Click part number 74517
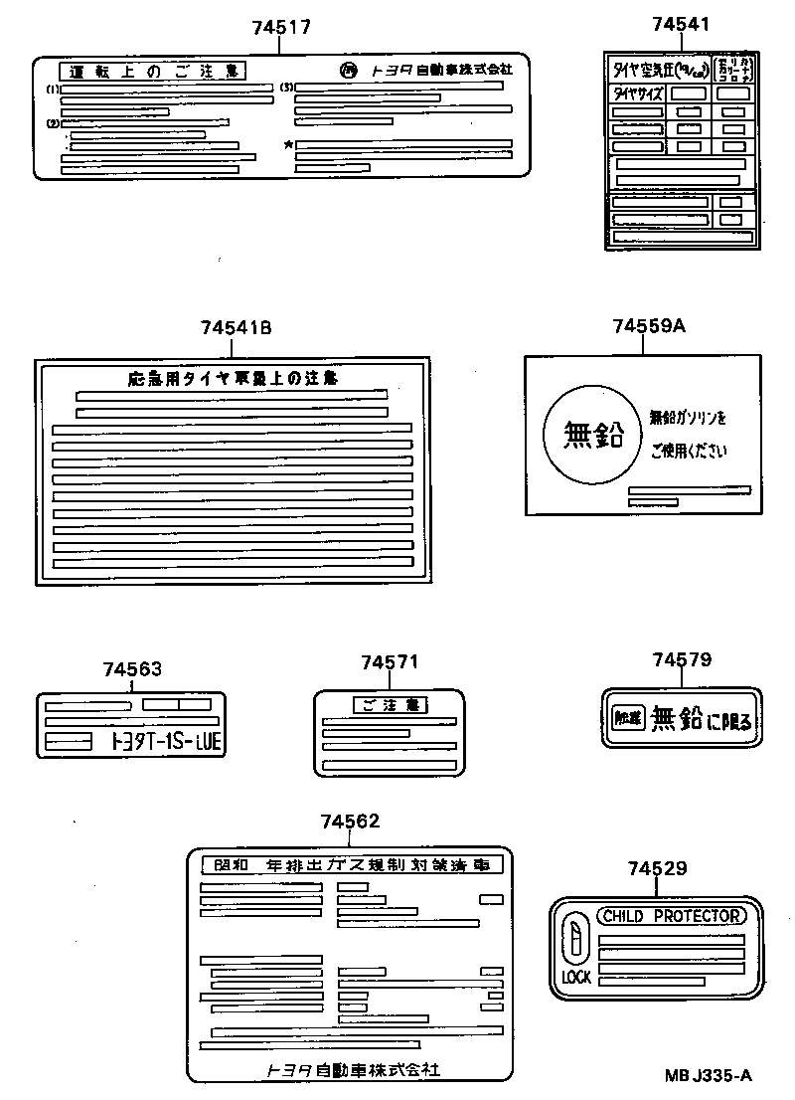tap(281, 28)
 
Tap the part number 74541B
tap(236, 327)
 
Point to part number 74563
tap(131, 669)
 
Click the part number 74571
tap(390, 661)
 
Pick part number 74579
tap(682, 660)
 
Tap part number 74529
tap(657, 868)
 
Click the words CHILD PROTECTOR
tap(670, 916)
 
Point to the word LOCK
tap(576, 977)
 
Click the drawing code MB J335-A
tap(708, 1075)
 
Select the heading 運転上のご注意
tap(154, 71)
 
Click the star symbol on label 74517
tap(288, 145)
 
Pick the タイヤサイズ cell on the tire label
tap(635, 92)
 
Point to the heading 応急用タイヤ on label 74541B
tap(233, 378)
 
